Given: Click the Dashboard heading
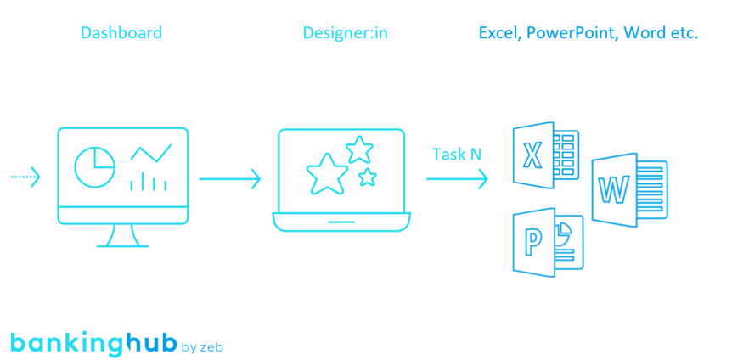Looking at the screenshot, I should (121, 33).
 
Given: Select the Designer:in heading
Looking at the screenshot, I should (345, 33).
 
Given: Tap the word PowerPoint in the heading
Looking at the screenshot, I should (572, 33).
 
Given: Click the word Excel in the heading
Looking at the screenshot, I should (498, 33).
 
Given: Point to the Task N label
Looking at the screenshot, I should (456, 154).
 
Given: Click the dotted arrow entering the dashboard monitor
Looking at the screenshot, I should (25, 177).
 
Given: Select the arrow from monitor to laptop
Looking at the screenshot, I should (229, 179).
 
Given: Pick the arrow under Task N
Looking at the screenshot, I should (457, 179).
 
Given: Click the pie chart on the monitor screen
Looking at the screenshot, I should (94, 166).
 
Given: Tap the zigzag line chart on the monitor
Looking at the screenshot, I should (150, 154).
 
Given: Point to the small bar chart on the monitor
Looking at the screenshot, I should (148, 182).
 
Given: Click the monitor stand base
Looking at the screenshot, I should (123, 245).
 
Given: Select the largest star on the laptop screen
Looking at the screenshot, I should (327, 174).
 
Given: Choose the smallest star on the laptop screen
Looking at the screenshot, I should (367, 177).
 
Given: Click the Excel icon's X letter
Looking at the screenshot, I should (532, 155).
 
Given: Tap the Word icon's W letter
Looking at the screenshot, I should (612, 190).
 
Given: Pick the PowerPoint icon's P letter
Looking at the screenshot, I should (532, 243).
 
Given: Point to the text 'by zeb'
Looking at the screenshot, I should (202, 346).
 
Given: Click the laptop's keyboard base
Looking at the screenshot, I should (341, 222).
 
